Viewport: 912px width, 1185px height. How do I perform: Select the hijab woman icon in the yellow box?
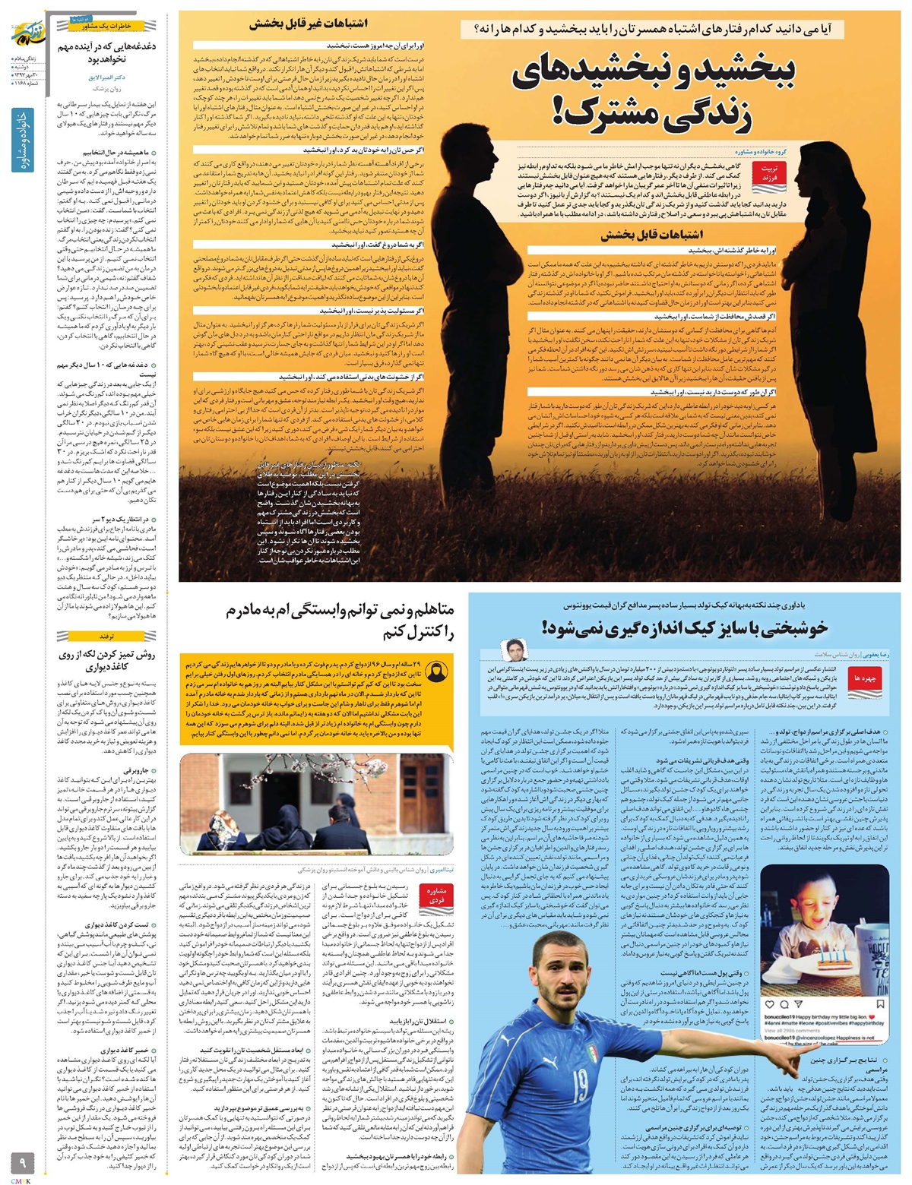[x=438, y=673]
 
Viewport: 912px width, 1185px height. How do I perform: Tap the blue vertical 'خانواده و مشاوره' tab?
[x=21, y=152]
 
